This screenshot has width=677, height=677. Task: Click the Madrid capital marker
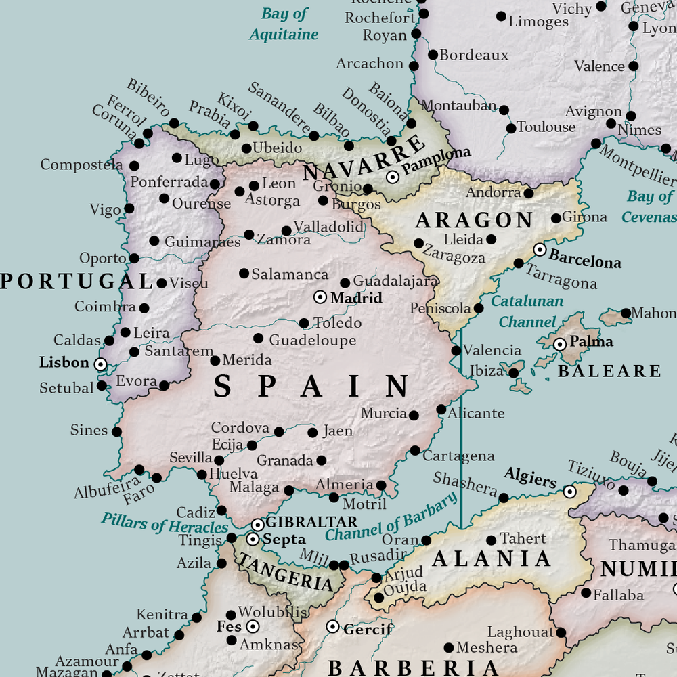click(x=320, y=297)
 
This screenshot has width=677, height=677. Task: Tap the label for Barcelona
click(x=585, y=259)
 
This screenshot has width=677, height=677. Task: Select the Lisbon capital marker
click(x=100, y=364)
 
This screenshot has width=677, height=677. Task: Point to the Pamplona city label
click(x=436, y=160)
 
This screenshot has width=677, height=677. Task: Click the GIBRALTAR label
click(x=311, y=522)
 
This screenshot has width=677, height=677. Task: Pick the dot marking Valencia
click(x=456, y=351)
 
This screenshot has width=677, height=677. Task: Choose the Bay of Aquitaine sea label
click(x=284, y=24)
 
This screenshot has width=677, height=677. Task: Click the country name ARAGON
click(x=474, y=221)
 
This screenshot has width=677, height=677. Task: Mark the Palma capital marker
click(x=560, y=345)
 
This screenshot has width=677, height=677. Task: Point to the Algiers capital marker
click(x=570, y=492)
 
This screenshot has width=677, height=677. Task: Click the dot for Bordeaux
click(x=433, y=55)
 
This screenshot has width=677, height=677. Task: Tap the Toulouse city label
click(x=546, y=127)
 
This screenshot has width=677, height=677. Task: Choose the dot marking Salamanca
click(x=244, y=274)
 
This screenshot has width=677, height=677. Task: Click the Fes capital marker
click(x=253, y=627)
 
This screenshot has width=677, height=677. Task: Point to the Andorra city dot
click(x=529, y=194)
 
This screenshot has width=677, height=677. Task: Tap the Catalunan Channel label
click(x=527, y=311)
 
